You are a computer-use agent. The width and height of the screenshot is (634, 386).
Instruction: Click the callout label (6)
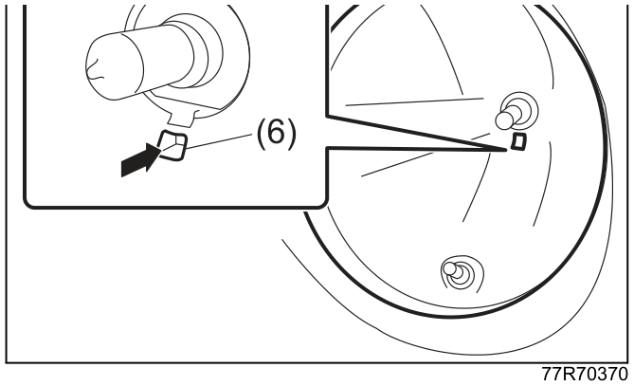(276, 134)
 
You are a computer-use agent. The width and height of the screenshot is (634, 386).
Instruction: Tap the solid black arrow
(141, 160)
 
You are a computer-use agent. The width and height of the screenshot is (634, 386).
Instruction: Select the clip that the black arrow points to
(172, 146)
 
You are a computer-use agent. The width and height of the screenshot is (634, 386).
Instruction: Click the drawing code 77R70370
(585, 374)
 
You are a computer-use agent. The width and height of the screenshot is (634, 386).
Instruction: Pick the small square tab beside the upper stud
(518, 141)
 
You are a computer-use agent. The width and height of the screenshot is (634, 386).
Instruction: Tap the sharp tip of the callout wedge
(506, 150)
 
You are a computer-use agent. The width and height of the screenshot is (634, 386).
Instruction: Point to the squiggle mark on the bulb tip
(94, 68)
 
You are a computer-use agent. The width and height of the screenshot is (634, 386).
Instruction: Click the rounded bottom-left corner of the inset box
(28, 204)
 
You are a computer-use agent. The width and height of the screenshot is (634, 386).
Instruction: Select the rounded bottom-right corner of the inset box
(322, 205)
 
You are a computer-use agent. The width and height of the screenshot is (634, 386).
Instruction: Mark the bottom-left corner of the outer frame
(7, 362)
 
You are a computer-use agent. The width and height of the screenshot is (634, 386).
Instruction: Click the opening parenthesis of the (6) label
(262, 134)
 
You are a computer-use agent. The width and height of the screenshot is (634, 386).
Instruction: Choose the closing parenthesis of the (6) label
(292, 134)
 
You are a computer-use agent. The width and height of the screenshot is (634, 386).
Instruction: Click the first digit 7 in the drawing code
(547, 374)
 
